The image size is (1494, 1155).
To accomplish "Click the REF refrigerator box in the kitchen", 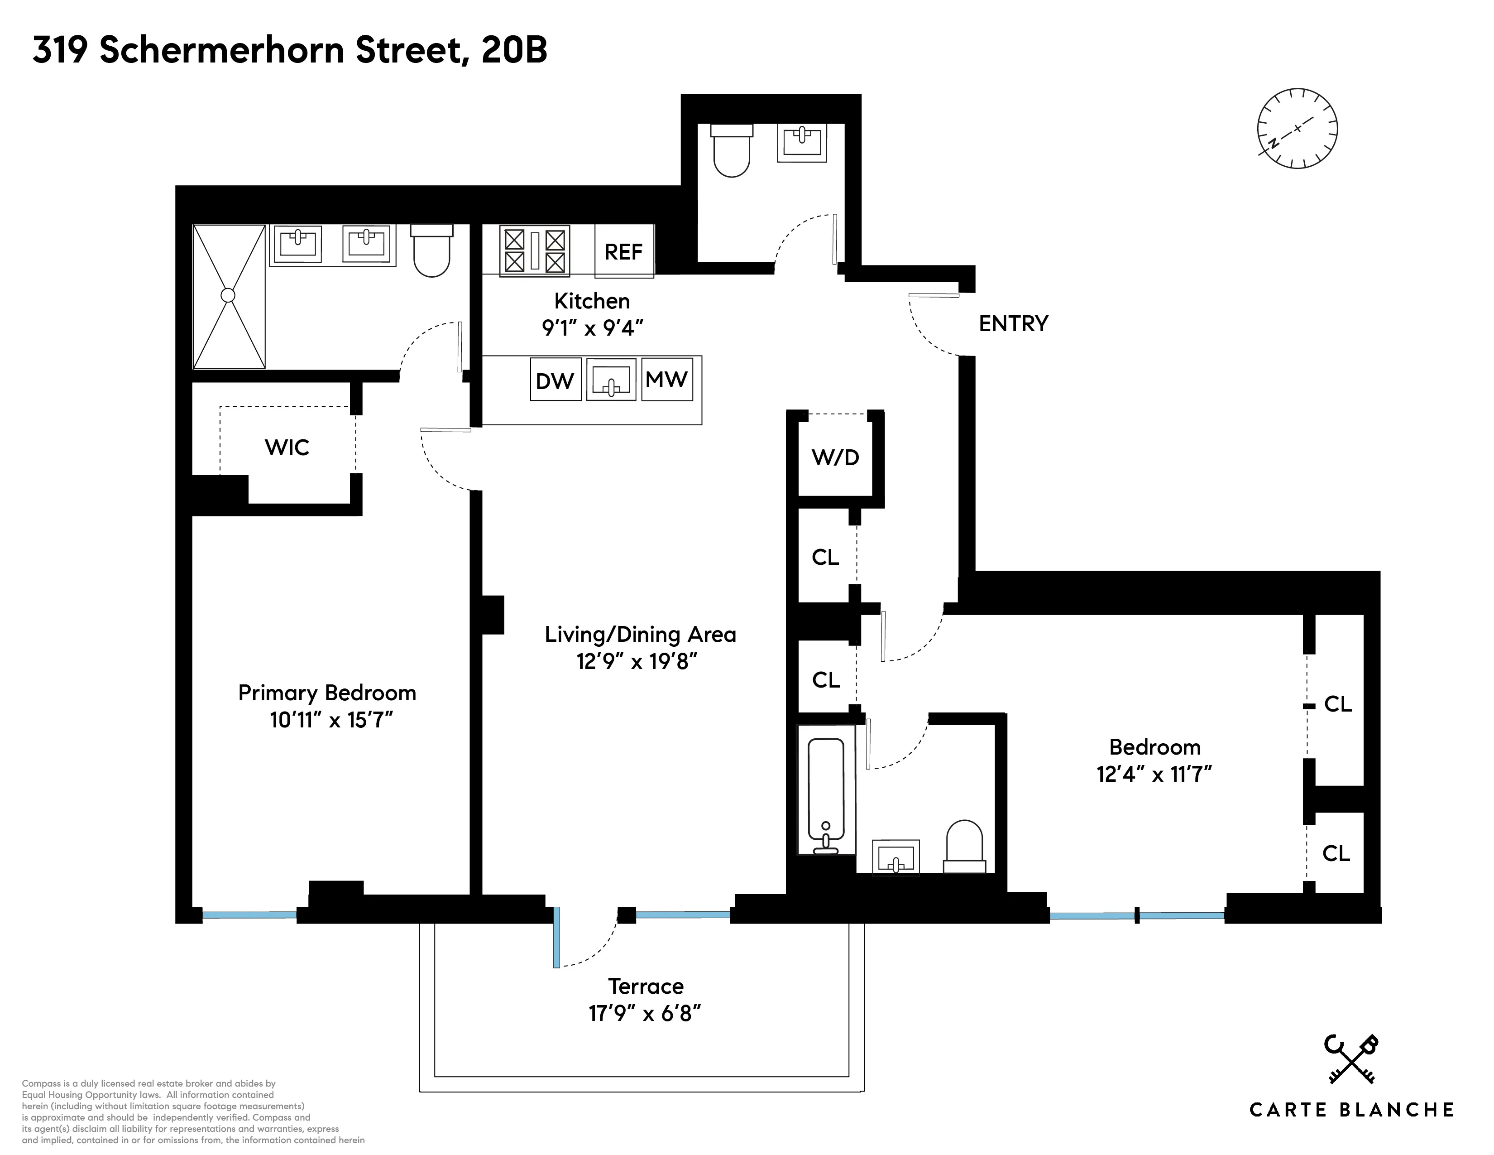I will (623, 251).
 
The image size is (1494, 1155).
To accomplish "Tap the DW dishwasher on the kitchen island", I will (555, 380).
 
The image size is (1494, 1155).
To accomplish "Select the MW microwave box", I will (666, 378).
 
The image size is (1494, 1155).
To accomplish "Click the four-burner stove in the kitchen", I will (534, 251).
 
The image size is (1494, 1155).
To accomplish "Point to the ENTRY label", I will (1013, 324).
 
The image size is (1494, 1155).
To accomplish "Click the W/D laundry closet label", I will (835, 457).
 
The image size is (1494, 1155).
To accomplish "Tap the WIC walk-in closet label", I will (287, 448).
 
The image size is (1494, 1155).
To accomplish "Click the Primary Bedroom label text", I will (327, 693).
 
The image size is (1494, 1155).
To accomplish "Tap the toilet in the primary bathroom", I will (431, 253).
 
